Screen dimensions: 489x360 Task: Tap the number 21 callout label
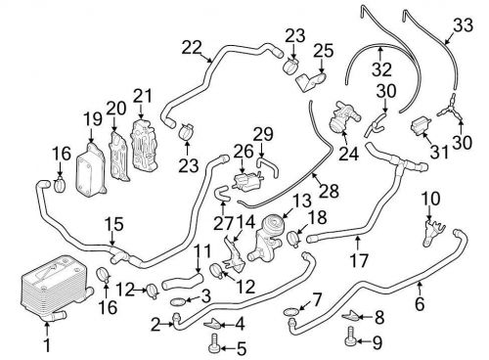[143, 97]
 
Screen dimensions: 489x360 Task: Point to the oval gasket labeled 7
[290, 311]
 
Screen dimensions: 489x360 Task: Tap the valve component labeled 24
[342, 117]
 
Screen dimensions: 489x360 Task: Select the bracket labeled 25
[311, 81]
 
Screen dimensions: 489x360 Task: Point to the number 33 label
[463, 25]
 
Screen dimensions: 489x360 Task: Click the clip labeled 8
[350, 315]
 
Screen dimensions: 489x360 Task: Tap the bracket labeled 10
[432, 234]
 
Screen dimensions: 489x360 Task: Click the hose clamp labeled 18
[294, 239]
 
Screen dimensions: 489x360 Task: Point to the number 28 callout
[330, 191]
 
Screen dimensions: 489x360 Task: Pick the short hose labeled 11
[183, 282]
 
